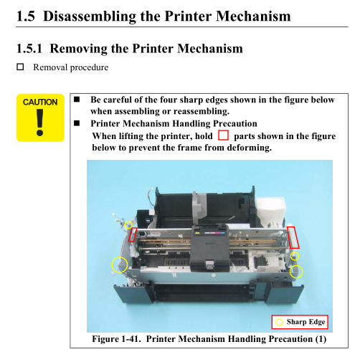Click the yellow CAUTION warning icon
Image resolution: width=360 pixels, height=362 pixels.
pos(40,118)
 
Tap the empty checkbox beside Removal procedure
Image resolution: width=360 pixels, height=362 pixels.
pos(20,67)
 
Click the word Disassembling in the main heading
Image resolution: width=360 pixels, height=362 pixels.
pos(90,16)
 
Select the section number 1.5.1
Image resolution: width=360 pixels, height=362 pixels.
pos(29,48)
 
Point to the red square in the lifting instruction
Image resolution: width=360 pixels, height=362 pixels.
pos(223,135)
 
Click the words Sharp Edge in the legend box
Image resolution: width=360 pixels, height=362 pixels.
pos(305,322)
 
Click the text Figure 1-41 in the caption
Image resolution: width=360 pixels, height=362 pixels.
pos(116,339)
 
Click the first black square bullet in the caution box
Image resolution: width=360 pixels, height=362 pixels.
pos(77,99)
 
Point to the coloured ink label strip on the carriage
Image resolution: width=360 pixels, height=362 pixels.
pos(210,233)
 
